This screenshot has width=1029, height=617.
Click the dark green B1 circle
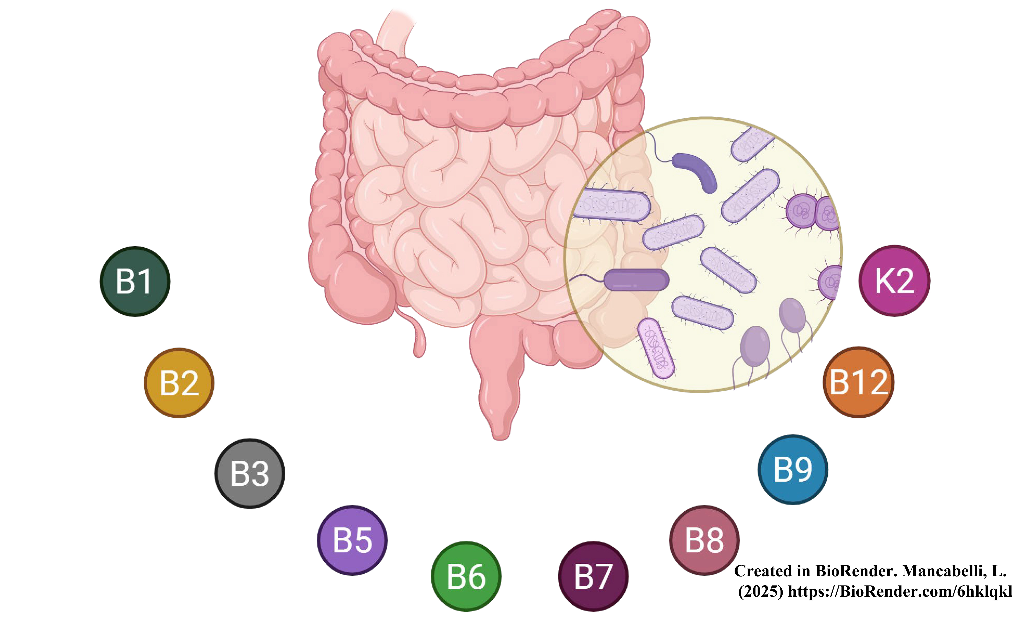(x=135, y=282)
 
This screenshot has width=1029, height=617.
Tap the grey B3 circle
(x=250, y=473)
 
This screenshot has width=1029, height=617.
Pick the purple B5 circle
(x=352, y=540)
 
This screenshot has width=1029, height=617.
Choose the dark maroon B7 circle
(x=593, y=576)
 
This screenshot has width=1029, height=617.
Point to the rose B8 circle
(x=704, y=540)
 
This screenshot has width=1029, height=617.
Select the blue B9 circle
(x=793, y=469)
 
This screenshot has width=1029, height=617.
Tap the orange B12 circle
(x=858, y=382)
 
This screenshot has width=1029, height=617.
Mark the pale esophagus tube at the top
(x=395, y=33)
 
